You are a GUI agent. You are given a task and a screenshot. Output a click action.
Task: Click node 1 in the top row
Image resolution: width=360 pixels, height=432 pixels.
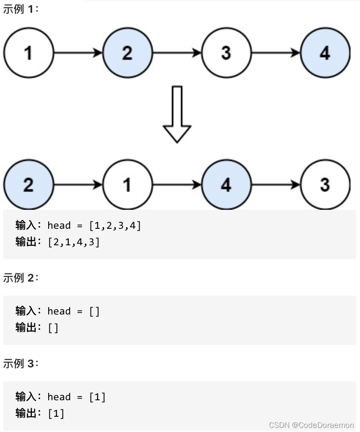click(28, 53)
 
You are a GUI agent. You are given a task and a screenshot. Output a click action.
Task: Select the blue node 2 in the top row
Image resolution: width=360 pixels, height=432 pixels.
click(127, 53)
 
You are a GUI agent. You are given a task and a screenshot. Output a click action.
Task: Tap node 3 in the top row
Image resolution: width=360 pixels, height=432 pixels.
click(226, 53)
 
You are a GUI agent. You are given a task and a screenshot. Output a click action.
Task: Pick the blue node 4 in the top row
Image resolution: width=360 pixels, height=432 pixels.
click(325, 53)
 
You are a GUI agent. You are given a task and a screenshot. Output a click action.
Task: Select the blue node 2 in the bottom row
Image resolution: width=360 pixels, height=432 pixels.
click(28, 185)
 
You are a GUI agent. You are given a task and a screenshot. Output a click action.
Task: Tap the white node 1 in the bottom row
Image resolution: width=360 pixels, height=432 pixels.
click(127, 185)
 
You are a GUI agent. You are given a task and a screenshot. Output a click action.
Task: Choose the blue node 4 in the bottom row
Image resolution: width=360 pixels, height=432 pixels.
click(226, 185)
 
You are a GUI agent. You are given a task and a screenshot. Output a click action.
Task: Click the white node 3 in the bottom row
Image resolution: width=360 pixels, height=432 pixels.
click(325, 185)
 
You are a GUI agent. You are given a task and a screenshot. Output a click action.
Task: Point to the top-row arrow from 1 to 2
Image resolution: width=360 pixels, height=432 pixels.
click(78, 53)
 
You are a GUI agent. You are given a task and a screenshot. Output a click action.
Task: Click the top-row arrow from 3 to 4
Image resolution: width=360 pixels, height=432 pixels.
click(276, 53)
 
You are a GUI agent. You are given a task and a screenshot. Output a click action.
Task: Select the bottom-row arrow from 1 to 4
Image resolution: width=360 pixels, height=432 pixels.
click(177, 185)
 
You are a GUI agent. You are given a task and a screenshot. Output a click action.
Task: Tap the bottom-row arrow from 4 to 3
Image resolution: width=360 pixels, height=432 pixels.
click(276, 185)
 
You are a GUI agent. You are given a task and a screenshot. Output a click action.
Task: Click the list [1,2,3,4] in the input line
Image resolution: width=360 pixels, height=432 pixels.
click(115, 225)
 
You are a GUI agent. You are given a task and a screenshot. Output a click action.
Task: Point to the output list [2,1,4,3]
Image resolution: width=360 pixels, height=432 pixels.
click(74, 242)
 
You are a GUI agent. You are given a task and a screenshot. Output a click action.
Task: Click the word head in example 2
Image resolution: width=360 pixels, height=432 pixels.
click(59, 311)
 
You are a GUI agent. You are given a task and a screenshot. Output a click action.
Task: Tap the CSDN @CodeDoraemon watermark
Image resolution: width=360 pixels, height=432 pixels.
click(311, 425)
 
